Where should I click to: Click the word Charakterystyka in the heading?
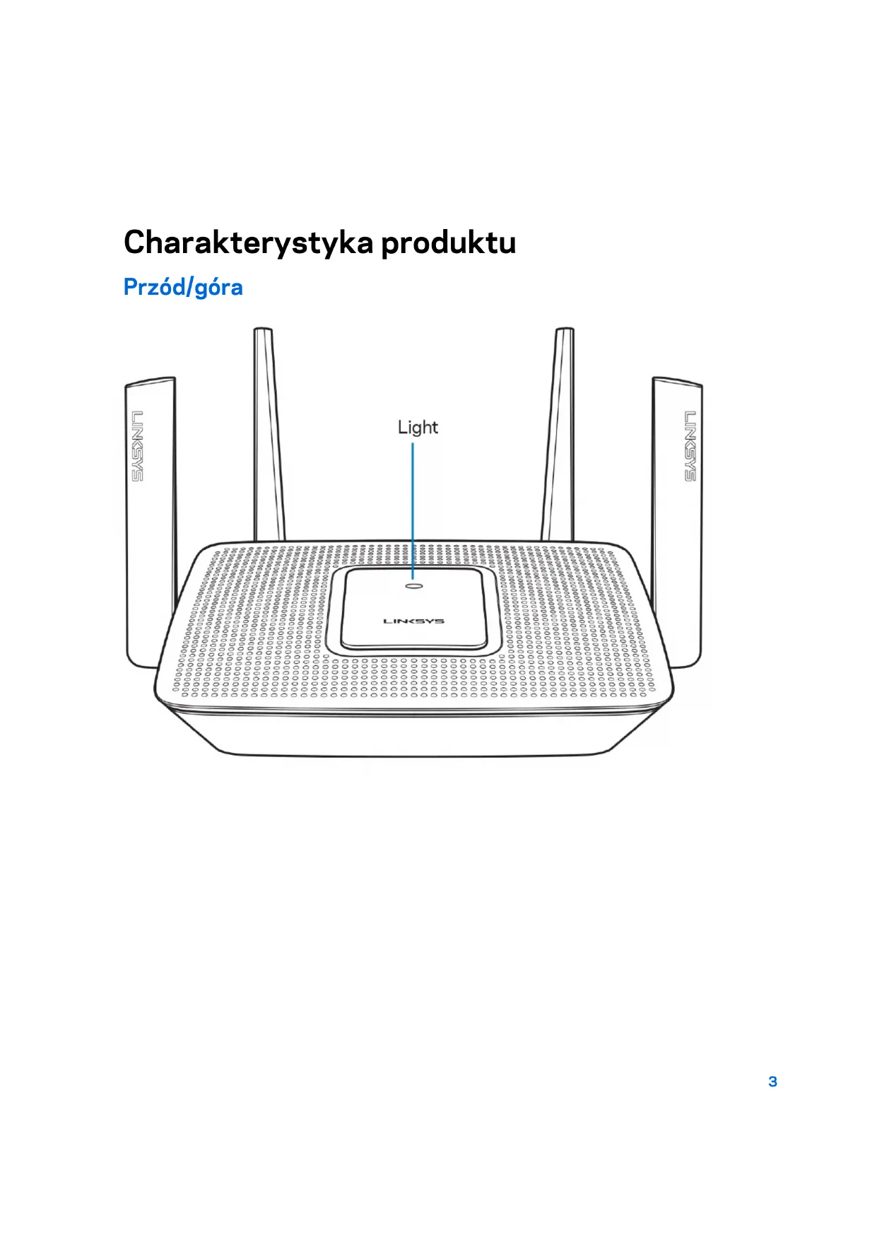coord(248,243)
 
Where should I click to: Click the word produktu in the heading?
coord(449,243)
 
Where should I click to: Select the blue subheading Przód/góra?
coord(183,287)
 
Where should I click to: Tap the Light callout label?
coord(418,427)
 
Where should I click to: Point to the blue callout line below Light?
coord(413,509)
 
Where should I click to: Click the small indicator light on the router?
coord(413,585)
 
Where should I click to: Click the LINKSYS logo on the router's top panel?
coord(413,621)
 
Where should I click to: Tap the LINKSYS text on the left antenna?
coord(137,446)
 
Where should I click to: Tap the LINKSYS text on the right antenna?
coord(690,446)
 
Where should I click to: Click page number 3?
coord(772,1082)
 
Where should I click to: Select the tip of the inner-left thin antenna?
coord(263,331)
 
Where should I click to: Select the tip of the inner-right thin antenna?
coord(564,331)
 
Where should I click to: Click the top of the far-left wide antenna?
coord(150,382)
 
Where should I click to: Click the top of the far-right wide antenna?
coord(677,382)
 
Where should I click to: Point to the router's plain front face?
coord(413,732)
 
